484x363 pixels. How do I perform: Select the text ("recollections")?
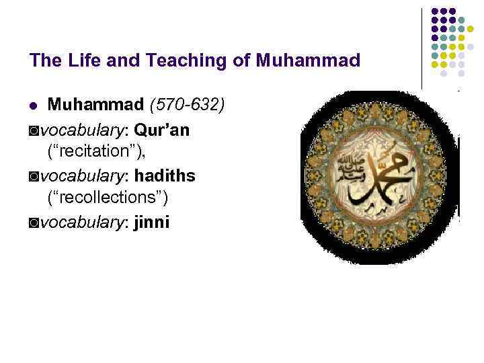point(108,198)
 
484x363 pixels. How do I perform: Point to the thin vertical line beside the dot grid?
point(422,47)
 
